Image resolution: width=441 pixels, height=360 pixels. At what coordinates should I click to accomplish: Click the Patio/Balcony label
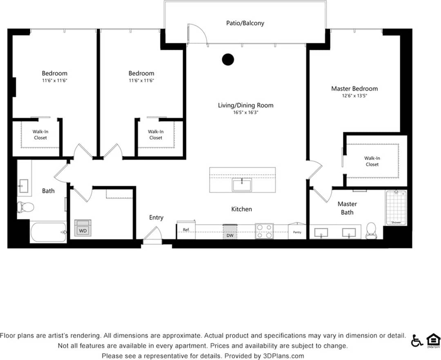pos(245,23)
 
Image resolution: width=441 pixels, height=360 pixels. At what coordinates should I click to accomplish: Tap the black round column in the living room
pos(228,60)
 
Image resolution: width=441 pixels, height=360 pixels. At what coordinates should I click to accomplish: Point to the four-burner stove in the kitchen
pos(264,231)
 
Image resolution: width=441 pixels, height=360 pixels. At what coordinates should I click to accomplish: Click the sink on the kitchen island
pos(242,184)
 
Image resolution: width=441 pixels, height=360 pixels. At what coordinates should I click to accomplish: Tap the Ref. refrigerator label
pos(186,230)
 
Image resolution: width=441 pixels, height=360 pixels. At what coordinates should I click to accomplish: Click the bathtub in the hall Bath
pos(48,232)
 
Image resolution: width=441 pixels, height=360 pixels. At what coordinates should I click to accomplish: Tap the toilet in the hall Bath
pos(26,207)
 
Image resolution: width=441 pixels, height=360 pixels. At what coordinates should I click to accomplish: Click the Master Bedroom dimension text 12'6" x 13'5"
pos(354,96)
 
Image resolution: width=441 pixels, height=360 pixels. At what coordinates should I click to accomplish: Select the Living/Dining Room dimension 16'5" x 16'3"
pos(245,113)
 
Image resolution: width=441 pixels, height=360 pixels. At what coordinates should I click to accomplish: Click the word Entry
pos(156,218)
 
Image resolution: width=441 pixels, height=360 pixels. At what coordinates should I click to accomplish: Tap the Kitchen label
pos(241,209)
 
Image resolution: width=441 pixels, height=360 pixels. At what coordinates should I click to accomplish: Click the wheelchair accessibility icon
pos(417,340)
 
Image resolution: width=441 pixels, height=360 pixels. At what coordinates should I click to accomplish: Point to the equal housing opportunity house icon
pos(433,340)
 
